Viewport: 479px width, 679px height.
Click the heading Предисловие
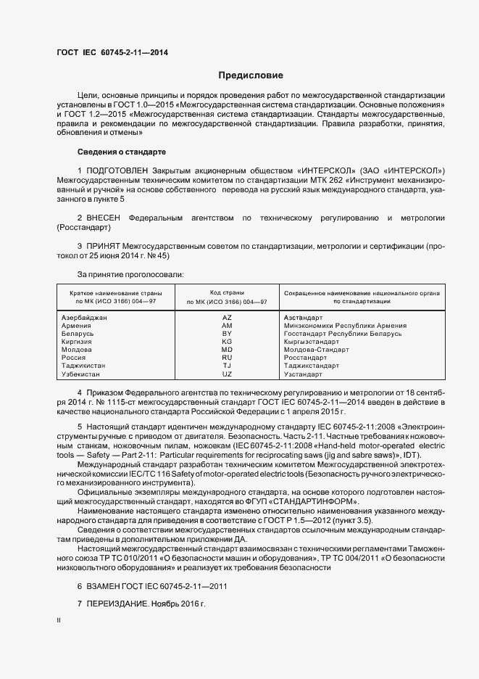(251, 75)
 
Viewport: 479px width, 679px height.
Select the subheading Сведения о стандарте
(122, 152)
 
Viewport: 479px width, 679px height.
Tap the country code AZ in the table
(227, 318)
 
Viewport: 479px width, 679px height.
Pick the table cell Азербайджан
(85, 318)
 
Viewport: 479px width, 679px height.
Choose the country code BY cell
(227, 334)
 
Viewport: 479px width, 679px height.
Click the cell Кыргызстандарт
(312, 342)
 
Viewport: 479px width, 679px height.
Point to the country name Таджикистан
(83, 366)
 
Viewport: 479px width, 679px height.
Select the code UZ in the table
(227, 374)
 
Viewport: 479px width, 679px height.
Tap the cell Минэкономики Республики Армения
(345, 326)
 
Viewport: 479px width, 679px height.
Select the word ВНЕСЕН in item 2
(104, 218)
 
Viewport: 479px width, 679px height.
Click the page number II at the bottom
(59, 620)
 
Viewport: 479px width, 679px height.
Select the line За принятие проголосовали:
(130, 274)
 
